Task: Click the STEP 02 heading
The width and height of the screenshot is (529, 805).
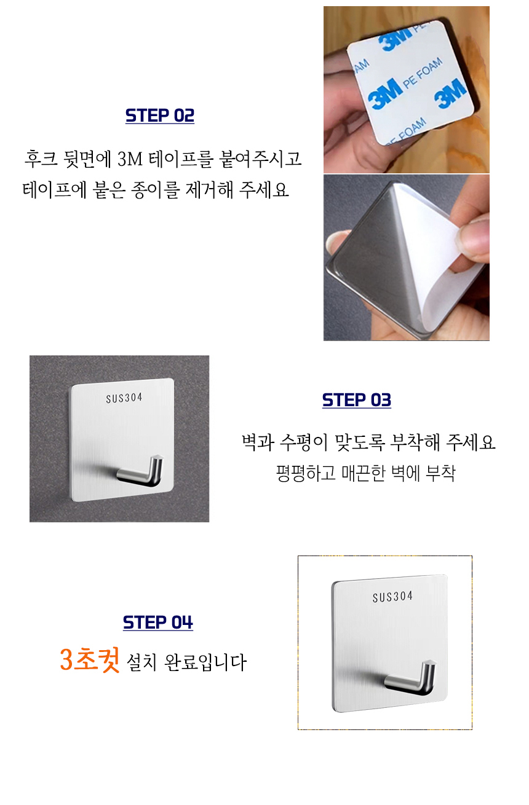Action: click(x=160, y=116)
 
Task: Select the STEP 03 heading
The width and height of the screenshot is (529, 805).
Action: click(x=357, y=400)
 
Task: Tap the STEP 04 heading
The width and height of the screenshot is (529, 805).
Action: click(x=158, y=622)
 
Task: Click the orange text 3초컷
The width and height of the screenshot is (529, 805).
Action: click(x=90, y=660)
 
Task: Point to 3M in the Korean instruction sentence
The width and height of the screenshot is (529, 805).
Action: click(x=130, y=160)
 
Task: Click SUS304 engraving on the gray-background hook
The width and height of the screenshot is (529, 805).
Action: click(x=124, y=398)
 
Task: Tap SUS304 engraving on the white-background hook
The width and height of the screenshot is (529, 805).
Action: click(x=392, y=597)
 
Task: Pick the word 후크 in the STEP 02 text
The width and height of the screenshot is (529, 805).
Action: click(x=41, y=160)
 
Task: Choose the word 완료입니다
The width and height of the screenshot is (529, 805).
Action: click(x=205, y=662)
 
